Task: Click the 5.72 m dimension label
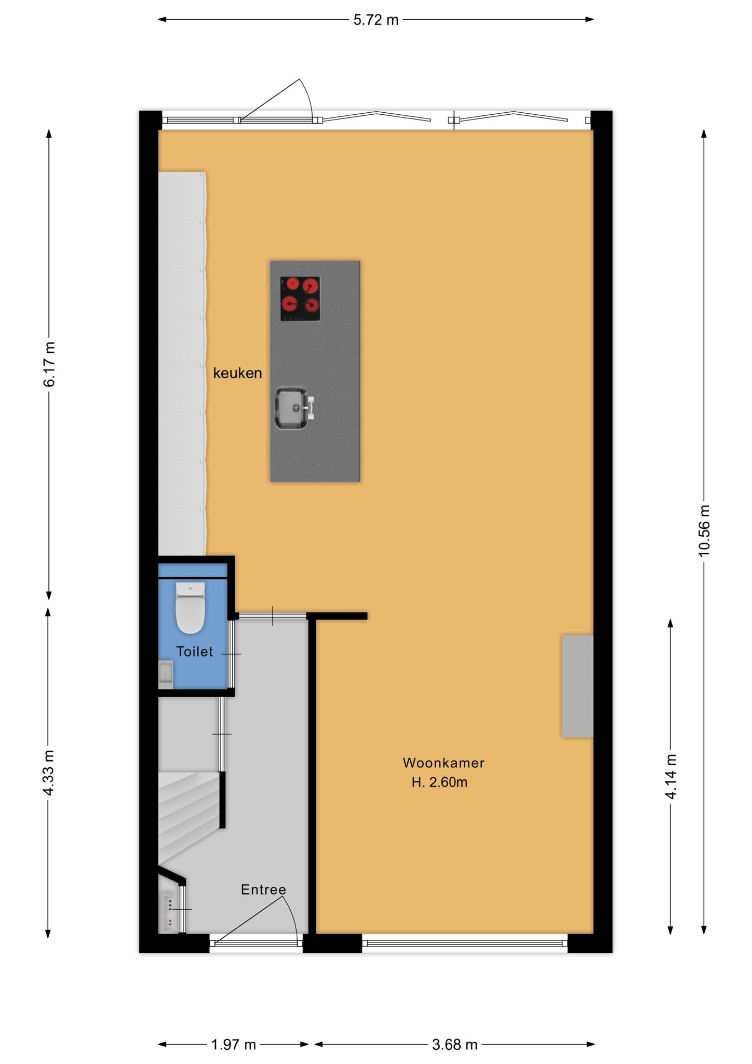pos(376,20)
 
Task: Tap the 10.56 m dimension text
pos(704,530)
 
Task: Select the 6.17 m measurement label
pos(49,364)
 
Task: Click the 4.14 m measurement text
pos(670,778)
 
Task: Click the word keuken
pos(237,373)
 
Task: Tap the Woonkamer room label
pos(444,763)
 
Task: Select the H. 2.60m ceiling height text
pos(440,782)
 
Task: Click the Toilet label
pos(195,651)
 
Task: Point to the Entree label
pos(263,890)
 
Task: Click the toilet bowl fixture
pos(191,607)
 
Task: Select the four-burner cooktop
pos(300,299)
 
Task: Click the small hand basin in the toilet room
pos(166,674)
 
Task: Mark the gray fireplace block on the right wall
pos(578,686)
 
